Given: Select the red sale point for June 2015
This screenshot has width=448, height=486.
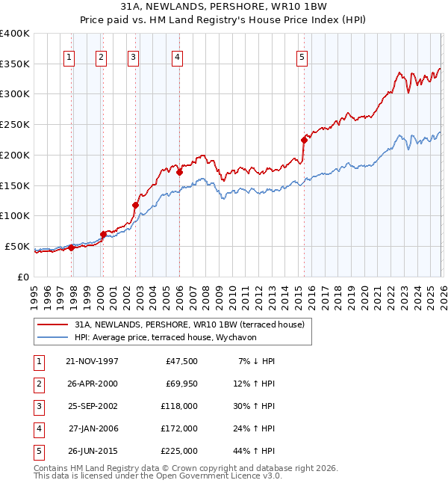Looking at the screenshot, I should [304, 140].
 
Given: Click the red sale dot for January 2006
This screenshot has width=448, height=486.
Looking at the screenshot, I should [180, 172].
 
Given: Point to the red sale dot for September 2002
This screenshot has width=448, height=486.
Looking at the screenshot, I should [136, 205].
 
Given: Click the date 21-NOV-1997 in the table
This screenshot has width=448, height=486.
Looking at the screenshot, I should [92, 361].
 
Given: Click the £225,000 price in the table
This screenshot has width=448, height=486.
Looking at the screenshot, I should [179, 451].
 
